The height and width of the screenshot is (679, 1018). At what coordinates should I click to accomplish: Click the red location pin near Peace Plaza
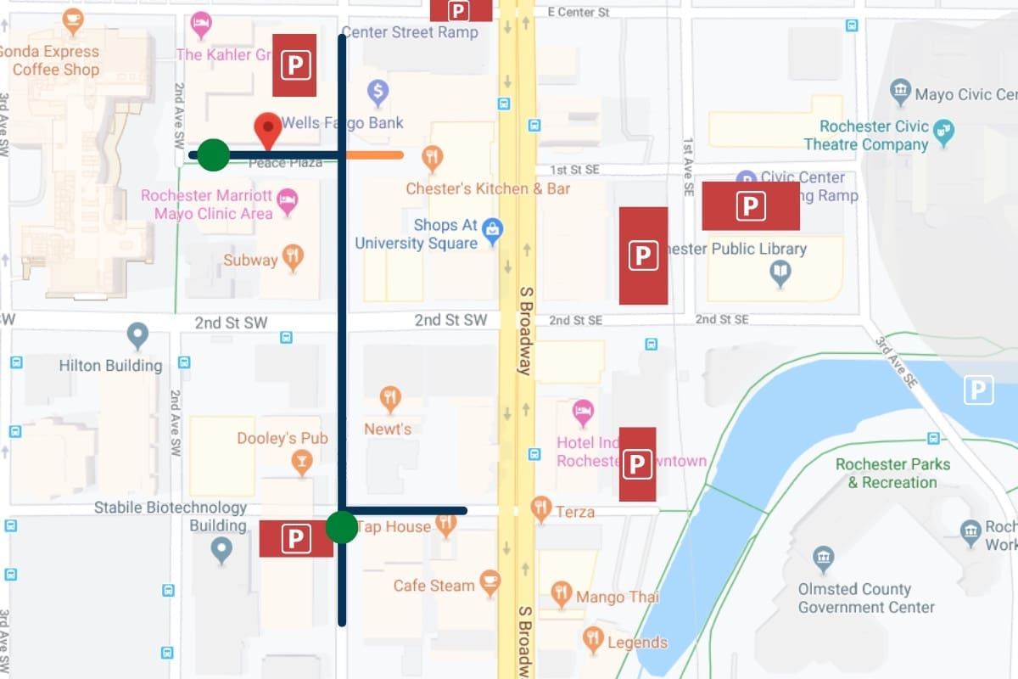point(269,130)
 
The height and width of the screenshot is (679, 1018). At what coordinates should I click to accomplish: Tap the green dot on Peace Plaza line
point(214,155)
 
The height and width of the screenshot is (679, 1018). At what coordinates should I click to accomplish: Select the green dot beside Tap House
point(342,527)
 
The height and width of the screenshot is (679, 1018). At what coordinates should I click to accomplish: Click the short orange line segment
point(374,155)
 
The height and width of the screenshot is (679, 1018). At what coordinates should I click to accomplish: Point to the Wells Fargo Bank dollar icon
point(378,90)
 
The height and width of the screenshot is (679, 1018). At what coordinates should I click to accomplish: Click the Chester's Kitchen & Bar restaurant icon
point(433,157)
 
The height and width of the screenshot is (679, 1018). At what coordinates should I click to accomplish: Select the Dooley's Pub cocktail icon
point(301,463)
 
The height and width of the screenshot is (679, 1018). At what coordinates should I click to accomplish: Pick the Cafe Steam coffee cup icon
point(489,581)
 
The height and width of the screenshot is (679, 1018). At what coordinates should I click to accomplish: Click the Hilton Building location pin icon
point(137,336)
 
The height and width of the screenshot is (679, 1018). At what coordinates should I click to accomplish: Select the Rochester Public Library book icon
point(780,272)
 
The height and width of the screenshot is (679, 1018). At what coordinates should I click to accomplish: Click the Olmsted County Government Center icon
point(821,559)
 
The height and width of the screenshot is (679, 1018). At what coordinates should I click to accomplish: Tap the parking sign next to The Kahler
point(294,65)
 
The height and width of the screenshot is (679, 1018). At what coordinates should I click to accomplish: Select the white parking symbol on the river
point(978,390)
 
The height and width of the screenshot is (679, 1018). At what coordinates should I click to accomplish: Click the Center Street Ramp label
point(410,32)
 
